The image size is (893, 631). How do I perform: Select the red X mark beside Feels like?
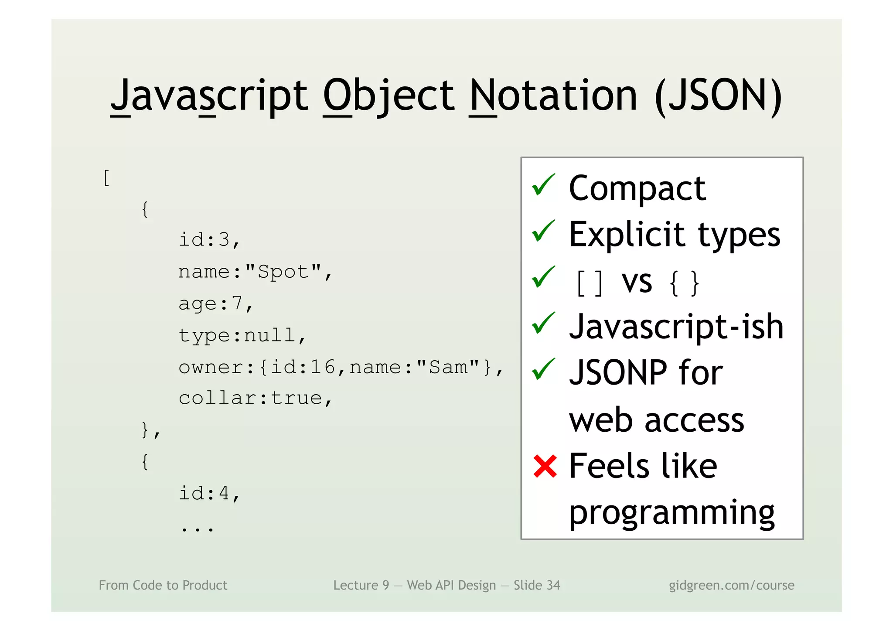pos(545,466)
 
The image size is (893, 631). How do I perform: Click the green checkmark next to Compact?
pos(543,185)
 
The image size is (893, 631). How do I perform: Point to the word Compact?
pos(637,188)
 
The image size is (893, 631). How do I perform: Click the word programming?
pos(671,513)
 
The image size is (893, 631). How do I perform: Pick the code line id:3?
pos(209,240)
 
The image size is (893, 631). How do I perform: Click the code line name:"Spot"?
pos(256,272)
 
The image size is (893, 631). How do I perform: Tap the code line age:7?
pos(216,304)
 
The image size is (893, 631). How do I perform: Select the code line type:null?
pos(242,335)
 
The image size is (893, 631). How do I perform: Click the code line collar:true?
pos(256,398)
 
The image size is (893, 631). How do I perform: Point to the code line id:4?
pos(209,494)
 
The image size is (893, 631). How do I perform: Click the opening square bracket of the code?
pos(106,178)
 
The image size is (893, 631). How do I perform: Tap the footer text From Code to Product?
pos(163,585)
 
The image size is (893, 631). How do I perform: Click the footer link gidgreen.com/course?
pos(731,585)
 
